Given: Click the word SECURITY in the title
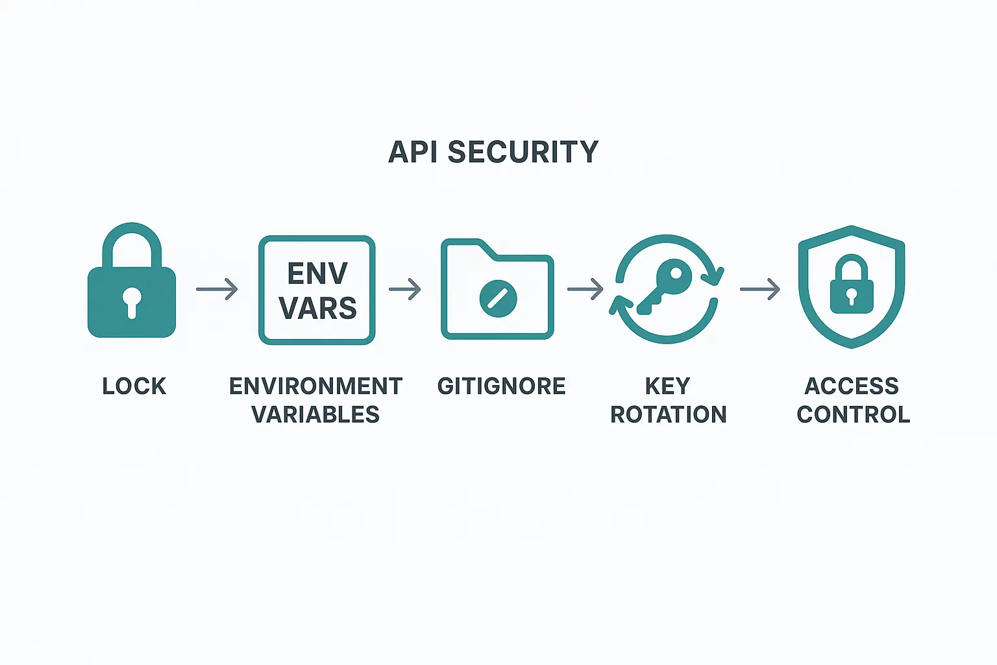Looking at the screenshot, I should click(523, 152).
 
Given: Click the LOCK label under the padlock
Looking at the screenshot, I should click(134, 386).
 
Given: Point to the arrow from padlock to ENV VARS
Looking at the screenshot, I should click(217, 289).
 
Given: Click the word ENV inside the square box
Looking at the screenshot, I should click(317, 273).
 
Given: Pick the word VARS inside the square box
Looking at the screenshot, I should click(317, 308).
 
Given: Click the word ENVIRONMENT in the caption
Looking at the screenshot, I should click(316, 386).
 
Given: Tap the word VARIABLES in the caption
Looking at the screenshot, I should click(315, 414).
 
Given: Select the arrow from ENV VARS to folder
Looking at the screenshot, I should click(405, 289).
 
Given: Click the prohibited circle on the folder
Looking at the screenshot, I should click(498, 298).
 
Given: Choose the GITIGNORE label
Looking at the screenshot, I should click(501, 386).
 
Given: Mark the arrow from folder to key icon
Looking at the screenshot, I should click(585, 289).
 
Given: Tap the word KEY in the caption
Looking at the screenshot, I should click(667, 386).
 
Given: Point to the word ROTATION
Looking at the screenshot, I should click(669, 414).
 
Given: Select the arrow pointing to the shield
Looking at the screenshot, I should click(760, 289).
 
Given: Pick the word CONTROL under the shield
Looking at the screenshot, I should click(853, 414).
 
